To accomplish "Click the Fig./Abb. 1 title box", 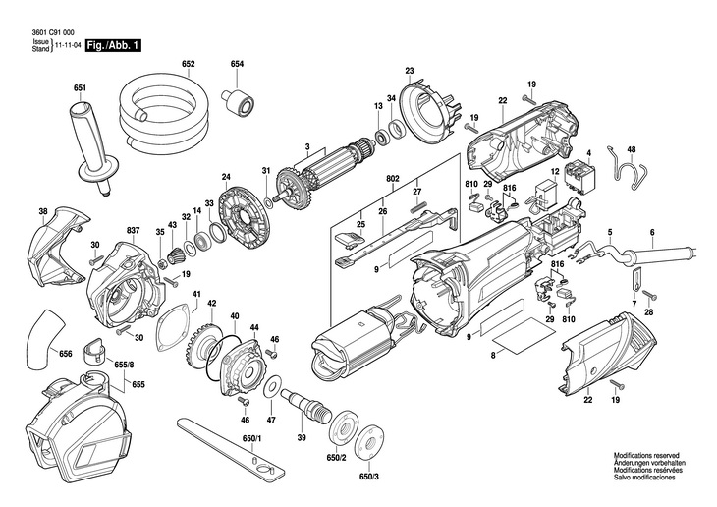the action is point(114,45).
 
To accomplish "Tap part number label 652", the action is point(188,64).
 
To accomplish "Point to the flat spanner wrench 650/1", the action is point(231,447).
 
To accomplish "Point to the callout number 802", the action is point(392,178).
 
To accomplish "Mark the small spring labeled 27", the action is point(418,206).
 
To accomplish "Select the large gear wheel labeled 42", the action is point(203,341).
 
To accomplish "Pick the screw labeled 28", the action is point(649,295).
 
